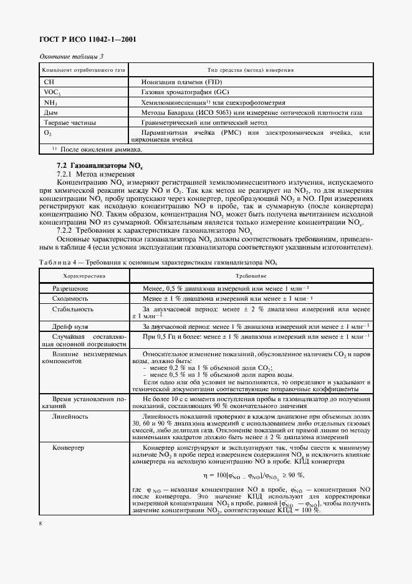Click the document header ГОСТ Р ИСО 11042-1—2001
pyautogui.click(x=88, y=40)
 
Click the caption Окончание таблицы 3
pyautogui.click(x=71, y=57)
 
